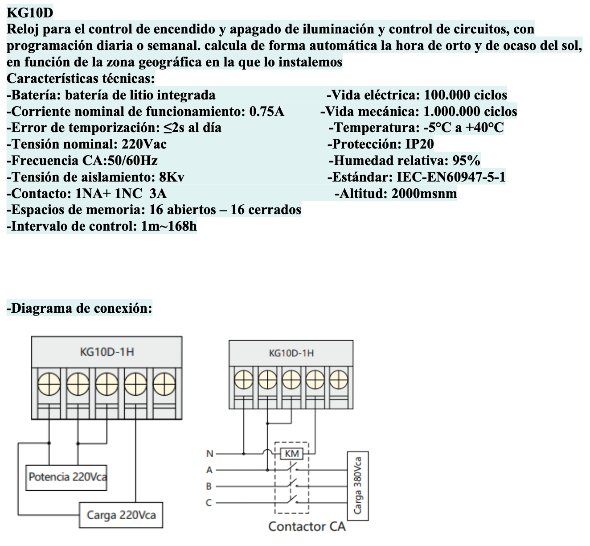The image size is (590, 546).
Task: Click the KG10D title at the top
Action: [30, 12]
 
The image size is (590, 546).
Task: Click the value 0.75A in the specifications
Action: [266, 112]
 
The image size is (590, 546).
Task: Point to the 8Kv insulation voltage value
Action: [172, 177]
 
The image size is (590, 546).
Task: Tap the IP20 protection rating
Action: [419, 144]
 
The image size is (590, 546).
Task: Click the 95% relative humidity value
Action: [466, 161]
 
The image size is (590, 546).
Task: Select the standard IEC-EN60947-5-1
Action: [451, 177]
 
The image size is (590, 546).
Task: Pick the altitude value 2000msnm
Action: [424, 194]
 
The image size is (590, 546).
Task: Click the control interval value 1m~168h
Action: [169, 227]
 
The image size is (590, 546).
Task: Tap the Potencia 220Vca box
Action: [66, 477]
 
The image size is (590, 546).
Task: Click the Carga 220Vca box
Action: [121, 515]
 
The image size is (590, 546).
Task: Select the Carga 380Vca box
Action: [358, 485]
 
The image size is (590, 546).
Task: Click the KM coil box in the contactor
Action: [292, 454]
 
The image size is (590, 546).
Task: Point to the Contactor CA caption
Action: [307, 526]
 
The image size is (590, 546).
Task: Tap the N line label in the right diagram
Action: [209, 454]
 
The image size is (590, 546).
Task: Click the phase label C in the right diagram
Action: [209, 503]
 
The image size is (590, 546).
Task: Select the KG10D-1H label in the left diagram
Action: [107, 352]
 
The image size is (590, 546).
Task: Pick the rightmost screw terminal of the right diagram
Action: [339, 381]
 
